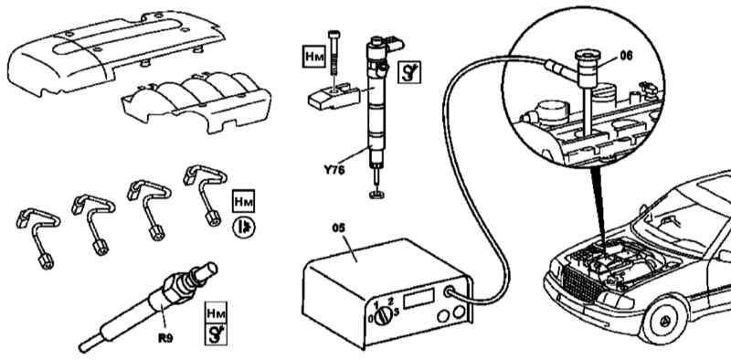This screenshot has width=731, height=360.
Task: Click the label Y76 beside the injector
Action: pos(334,170)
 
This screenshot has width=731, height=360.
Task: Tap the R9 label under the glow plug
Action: pos(165,338)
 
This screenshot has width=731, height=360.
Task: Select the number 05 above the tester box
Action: pos(339,228)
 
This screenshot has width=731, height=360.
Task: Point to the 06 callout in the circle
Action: pos(626,56)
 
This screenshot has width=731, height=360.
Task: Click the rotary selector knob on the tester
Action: pos(381,317)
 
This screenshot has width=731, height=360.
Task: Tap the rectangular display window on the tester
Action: pos(418,298)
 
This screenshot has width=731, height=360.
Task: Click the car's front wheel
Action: pos(663,320)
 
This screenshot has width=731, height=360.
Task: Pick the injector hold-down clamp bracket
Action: pos(334,97)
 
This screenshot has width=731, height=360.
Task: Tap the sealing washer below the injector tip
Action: pos(376,195)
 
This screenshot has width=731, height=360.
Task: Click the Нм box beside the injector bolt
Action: pos(313,56)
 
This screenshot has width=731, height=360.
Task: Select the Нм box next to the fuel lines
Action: pos(243,201)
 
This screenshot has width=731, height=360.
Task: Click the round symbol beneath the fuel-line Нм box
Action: pos(244,228)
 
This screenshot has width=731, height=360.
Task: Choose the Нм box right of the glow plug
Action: pos(216,312)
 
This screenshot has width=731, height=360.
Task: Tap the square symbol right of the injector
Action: pos(409,72)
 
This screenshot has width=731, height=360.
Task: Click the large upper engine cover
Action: pos(114,51)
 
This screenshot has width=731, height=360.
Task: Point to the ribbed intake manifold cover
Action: pos(196,101)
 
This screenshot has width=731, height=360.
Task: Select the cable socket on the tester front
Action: pos(450,292)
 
